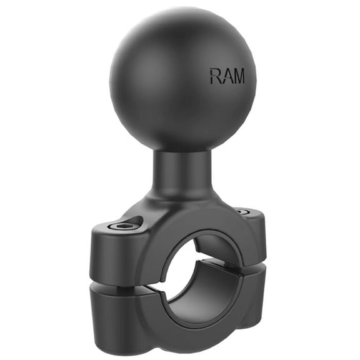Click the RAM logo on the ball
[227, 76]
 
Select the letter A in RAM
[227, 76]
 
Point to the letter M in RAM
[239, 76]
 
